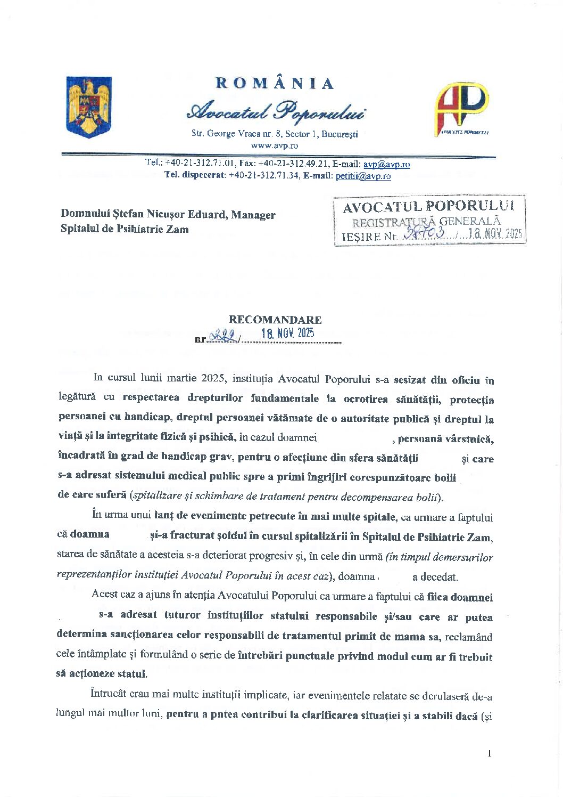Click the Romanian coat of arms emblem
[88, 107]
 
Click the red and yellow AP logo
[462, 107]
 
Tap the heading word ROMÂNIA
[275, 84]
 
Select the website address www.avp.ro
[275, 145]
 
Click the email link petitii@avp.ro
[363, 176]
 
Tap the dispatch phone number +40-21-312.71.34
[264, 176]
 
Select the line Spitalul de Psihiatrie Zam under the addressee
[125, 230]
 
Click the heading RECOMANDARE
[275, 320]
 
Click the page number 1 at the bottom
[489, 753]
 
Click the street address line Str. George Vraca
[275, 134]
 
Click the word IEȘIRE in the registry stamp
[354, 237]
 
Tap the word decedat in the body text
[439, 577]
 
